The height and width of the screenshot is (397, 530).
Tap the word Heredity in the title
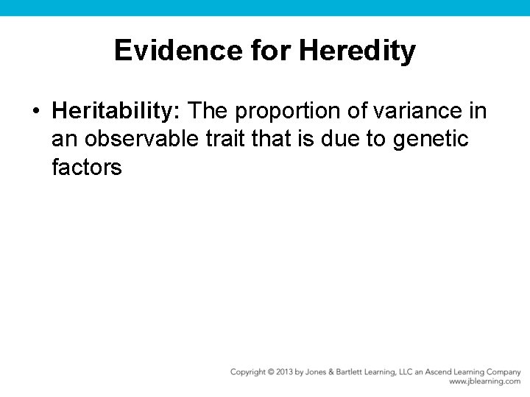(358, 51)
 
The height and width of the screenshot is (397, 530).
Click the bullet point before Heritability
(35, 112)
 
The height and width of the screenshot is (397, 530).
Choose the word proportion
(303, 111)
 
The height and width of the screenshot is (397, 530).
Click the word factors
(86, 167)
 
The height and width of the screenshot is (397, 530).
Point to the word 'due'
(346, 139)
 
